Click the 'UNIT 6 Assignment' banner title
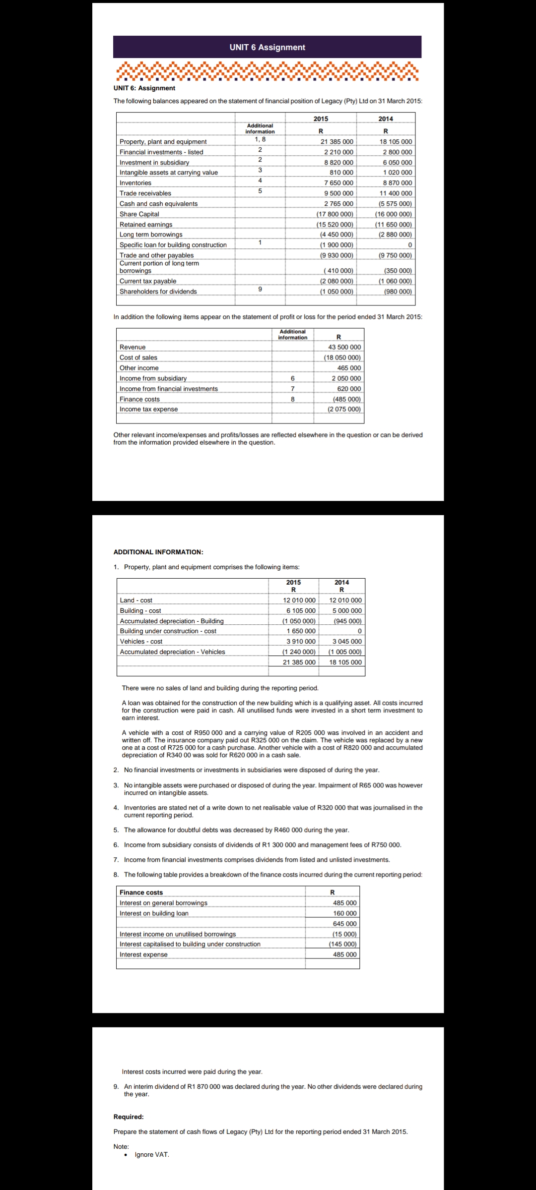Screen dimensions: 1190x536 pos(267,47)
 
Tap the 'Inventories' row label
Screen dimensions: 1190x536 pos(135,183)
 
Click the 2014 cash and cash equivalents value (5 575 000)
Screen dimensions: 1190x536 pos(395,204)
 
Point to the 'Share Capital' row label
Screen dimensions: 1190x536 pos(139,214)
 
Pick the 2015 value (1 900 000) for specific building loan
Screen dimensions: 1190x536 pos(336,245)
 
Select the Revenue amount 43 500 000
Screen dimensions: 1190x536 pos(344,347)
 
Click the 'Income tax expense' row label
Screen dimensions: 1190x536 pos(148,409)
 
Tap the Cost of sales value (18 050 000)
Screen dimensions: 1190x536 pos(342,357)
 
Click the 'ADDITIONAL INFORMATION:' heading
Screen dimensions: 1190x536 pos(158,552)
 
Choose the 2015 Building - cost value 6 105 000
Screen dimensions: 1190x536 pos(301,610)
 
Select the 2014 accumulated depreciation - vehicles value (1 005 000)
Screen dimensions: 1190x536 pos(345,652)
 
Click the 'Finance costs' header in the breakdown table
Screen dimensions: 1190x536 pos(141,892)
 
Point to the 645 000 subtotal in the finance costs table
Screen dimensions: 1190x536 pos(344,924)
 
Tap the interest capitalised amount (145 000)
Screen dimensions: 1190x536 pos(342,944)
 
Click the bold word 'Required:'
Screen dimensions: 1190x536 pos(129,1117)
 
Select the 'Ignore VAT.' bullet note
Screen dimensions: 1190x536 pos(152,1154)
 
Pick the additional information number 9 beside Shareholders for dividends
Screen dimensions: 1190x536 pos(260,289)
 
